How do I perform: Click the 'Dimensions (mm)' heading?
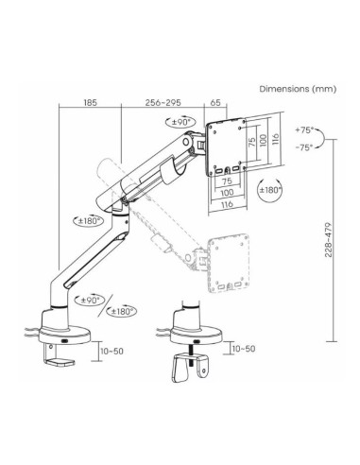click(x=298, y=89)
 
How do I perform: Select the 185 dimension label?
click(x=91, y=103)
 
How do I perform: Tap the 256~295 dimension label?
click(x=163, y=103)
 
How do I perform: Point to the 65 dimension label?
click(x=215, y=103)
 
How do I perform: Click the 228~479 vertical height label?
click(x=329, y=240)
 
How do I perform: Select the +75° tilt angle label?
click(x=304, y=129)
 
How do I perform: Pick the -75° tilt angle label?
click(x=304, y=147)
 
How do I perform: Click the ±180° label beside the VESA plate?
click(x=270, y=190)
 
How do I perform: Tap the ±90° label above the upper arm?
click(x=181, y=123)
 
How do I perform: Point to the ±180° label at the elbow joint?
click(x=89, y=221)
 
